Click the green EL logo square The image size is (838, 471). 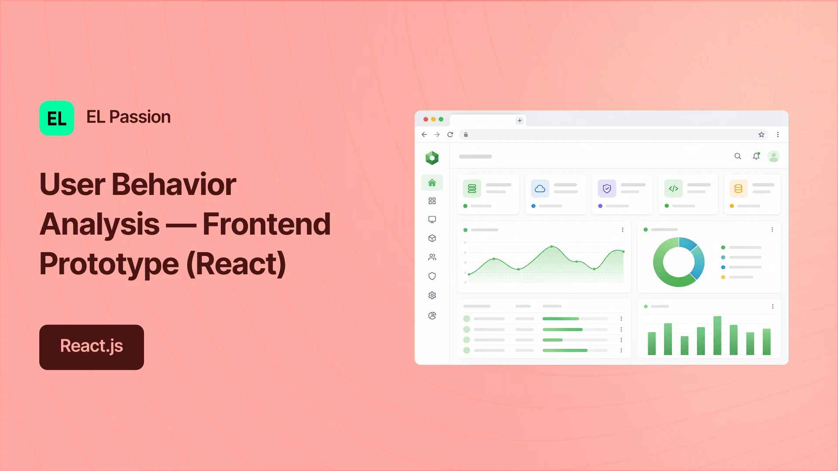(x=57, y=118)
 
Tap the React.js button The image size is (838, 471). (x=92, y=347)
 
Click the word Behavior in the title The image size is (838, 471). (x=174, y=184)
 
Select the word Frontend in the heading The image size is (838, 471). (x=267, y=224)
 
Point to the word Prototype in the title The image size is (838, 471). (x=109, y=264)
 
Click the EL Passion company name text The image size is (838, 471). (x=128, y=117)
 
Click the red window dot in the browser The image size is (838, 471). (x=426, y=119)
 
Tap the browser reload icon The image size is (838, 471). (x=450, y=134)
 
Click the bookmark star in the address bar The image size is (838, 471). (x=761, y=134)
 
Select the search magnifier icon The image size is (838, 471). (x=738, y=156)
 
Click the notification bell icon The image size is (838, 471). (x=756, y=156)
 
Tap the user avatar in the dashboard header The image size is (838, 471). (x=774, y=156)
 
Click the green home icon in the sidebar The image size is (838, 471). (x=432, y=183)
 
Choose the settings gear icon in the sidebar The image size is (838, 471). (x=432, y=295)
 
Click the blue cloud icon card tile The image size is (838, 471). (x=540, y=188)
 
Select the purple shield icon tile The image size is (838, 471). (x=607, y=188)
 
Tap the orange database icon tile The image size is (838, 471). (x=738, y=188)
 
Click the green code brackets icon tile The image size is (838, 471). (x=673, y=188)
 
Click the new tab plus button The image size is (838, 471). (x=519, y=120)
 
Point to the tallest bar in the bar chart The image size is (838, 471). (x=717, y=336)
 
